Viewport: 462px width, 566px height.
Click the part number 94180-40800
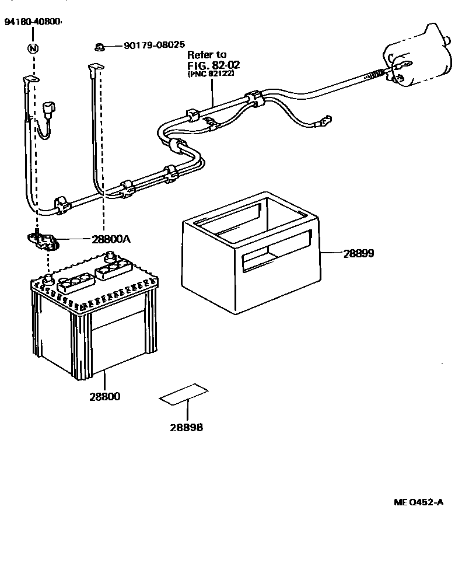32,22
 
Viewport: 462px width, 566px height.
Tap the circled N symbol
33,48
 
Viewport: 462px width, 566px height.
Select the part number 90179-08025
154,44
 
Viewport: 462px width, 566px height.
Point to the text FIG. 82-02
213,64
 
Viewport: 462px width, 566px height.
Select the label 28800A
111,239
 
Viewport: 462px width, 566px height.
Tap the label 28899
358,253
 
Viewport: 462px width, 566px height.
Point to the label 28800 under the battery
105,397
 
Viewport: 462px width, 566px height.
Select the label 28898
187,427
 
